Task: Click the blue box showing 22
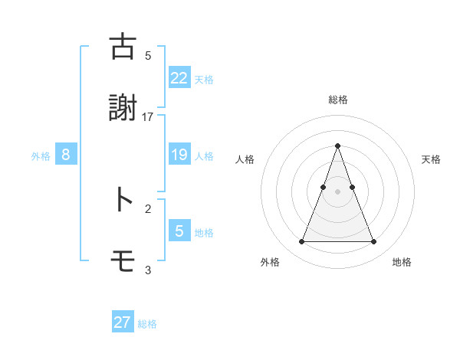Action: point(179,77)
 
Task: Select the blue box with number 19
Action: point(179,155)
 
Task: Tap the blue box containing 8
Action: point(66,155)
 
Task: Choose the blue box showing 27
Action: point(123,322)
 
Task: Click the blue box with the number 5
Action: point(179,231)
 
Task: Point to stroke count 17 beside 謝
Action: point(148,116)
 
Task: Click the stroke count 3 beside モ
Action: point(148,270)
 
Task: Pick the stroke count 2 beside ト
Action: point(148,208)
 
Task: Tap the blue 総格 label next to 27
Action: point(147,324)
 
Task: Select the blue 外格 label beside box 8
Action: point(41,156)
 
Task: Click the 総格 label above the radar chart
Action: point(337,100)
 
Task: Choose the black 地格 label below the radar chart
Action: point(402,263)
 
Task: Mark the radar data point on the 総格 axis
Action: point(337,146)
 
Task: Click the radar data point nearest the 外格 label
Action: point(301,242)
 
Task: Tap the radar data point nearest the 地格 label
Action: point(373,242)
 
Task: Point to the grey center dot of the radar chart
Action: point(337,191)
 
